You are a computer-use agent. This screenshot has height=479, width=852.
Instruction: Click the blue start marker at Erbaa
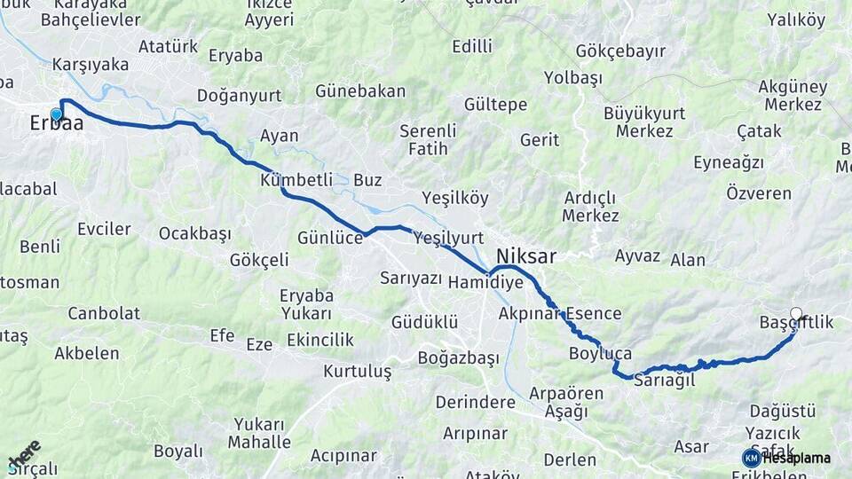[x=57, y=114]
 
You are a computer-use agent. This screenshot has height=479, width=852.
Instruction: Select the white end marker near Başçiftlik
[x=796, y=313]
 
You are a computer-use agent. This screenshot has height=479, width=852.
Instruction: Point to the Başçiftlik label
[x=797, y=323]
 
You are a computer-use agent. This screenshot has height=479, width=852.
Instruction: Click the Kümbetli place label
[x=296, y=180]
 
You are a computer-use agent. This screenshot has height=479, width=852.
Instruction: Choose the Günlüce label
[x=330, y=238]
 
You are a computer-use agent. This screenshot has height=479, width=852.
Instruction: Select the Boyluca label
[x=600, y=354]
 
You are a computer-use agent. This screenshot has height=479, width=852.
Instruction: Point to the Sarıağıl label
[x=662, y=380]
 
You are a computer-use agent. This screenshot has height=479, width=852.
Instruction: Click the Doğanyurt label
[x=239, y=96]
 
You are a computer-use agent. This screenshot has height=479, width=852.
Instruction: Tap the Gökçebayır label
[x=620, y=51]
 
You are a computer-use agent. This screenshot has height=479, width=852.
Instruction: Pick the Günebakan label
[x=360, y=91]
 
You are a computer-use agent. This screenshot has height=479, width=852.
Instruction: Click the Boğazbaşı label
[x=459, y=358]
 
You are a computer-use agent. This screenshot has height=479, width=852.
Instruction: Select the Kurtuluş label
[x=357, y=371]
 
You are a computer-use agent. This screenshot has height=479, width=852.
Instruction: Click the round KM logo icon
[x=752, y=458]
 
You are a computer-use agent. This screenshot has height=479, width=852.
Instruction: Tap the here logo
[x=23, y=453]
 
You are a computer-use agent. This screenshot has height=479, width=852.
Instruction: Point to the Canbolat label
[x=104, y=313]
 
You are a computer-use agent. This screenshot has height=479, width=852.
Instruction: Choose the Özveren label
[x=759, y=192]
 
